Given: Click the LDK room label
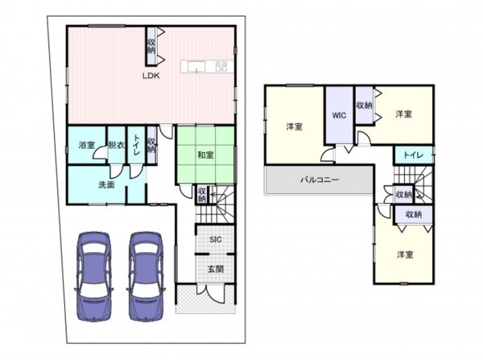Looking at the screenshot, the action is pyautogui.click(x=151, y=76).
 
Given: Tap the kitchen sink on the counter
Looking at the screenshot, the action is pyautogui.click(x=196, y=67).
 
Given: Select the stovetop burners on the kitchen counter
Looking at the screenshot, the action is pyautogui.click(x=221, y=66).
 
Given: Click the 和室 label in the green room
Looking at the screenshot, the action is pyautogui.click(x=205, y=155).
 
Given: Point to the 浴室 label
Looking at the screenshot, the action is pyautogui.click(x=87, y=145).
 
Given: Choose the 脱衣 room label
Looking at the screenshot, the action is pyautogui.click(x=116, y=145).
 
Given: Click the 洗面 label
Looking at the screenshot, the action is pyautogui.click(x=106, y=184).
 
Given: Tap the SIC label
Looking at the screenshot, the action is pyautogui.click(x=215, y=239).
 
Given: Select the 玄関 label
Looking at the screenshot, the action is pyautogui.click(x=216, y=269).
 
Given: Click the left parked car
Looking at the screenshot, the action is pyautogui.click(x=93, y=276).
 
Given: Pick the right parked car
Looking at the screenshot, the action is pyautogui.click(x=146, y=276).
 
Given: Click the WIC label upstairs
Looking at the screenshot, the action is pyautogui.click(x=339, y=116).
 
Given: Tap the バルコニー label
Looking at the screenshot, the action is pyautogui.click(x=320, y=180).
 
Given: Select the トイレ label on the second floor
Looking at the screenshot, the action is pyautogui.click(x=413, y=155).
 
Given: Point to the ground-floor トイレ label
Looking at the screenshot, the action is pyautogui.click(x=136, y=145).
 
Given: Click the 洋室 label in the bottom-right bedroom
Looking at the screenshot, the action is pyautogui.click(x=405, y=254).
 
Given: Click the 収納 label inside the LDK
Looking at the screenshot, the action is pyautogui.click(x=151, y=46).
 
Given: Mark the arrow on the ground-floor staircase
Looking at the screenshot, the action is pyautogui.click(x=214, y=195).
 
